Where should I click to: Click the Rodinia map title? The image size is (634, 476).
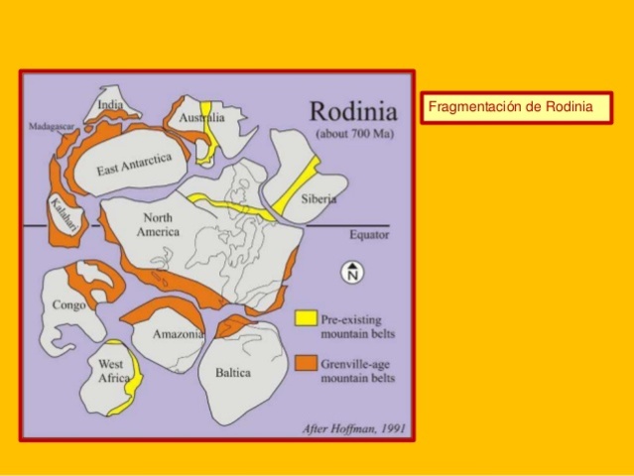[353, 109]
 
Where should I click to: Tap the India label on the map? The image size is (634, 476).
[110, 105]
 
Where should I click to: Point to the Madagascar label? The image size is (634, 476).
[47, 127]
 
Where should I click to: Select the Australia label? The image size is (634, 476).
[201, 118]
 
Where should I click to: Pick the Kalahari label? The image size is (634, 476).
[61, 214]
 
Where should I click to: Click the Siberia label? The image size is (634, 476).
[317, 198]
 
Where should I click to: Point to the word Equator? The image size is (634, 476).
[368, 235]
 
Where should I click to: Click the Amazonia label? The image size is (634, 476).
[178, 334]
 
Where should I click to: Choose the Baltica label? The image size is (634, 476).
[232, 373]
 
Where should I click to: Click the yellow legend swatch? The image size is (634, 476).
[306, 318]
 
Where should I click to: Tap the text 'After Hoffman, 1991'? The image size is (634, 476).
[354, 428]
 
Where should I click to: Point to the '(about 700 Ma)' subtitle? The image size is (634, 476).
[352, 132]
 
